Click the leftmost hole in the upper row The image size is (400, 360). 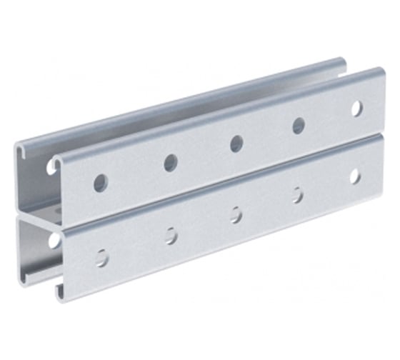pyautogui.click(x=100, y=182)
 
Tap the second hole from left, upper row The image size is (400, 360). pyautogui.click(x=170, y=163)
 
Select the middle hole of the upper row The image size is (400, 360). pyautogui.click(x=236, y=144)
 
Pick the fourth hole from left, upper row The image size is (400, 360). pyautogui.click(x=299, y=126)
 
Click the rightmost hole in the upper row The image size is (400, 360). pyautogui.click(x=356, y=109)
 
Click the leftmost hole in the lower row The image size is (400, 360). pyautogui.click(x=102, y=257)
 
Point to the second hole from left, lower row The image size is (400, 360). pyautogui.click(x=171, y=235)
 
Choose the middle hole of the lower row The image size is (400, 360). pyautogui.click(x=236, y=214)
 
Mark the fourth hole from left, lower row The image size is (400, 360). pyautogui.click(x=297, y=194)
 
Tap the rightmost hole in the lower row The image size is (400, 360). pyautogui.click(x=355, y=176)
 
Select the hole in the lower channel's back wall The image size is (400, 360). pyautogui.click(x=54, y=239)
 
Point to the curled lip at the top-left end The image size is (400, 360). pyautogui.click(x=19, y=149)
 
